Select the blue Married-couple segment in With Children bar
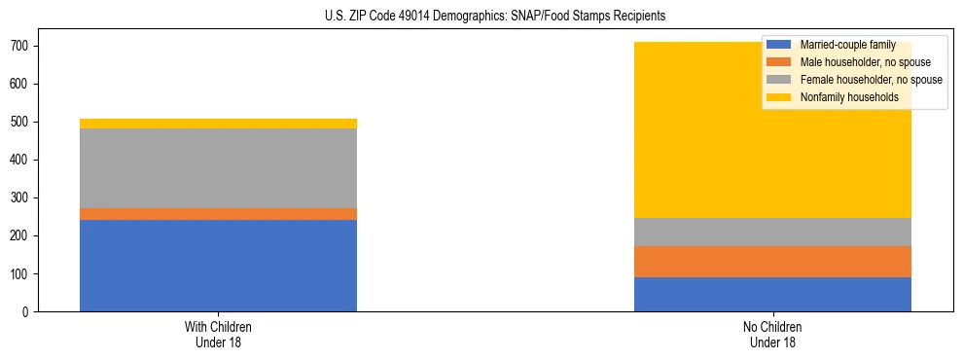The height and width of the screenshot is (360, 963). [x=218, y=266]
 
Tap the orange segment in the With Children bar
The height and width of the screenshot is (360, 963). [x=218, y=214]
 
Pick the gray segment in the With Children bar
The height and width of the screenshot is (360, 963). [x=218, y=168]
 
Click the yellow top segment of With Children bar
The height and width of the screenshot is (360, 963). [x=218, y=124]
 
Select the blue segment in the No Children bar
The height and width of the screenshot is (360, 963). [x=772, y=295]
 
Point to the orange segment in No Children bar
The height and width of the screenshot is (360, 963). [x=772, y=262]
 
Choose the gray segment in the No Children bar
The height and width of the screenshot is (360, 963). [x=772, y=232]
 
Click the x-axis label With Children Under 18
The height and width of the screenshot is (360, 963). [x=218, y=334]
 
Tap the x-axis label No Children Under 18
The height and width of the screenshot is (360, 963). [x=772, y=334]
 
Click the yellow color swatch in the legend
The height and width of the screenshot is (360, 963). [x=779, y=97]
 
